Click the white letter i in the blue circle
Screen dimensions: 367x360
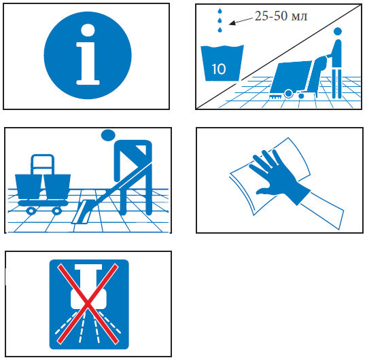[x=88, y=54]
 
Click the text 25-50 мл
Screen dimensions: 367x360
[x=281, y=16]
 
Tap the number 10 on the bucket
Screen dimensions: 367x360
[x=219, y=69]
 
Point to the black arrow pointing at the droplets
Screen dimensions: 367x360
[x=241, y=20]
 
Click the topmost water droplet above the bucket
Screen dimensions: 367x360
[x=220, y=11]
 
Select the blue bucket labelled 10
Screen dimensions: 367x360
[x=222, y=63]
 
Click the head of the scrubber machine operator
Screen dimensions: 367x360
[x=338, y=31]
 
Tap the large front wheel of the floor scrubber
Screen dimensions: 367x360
[x=288, y=94]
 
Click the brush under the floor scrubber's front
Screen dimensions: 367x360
[x=275, y=96]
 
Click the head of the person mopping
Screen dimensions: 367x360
[x=108, y=135]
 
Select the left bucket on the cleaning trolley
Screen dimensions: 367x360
[x=29, y=186]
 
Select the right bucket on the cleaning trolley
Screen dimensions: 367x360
[x=57, y=186]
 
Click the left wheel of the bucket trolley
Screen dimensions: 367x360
[x=31, y=211]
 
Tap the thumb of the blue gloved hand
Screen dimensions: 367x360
[x=267, y=192]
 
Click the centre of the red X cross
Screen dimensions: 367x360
[x=88, y=304]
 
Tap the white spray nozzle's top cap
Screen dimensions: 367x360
[x=88, y=267]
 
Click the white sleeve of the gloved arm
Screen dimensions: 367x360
[x=322, y=209]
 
